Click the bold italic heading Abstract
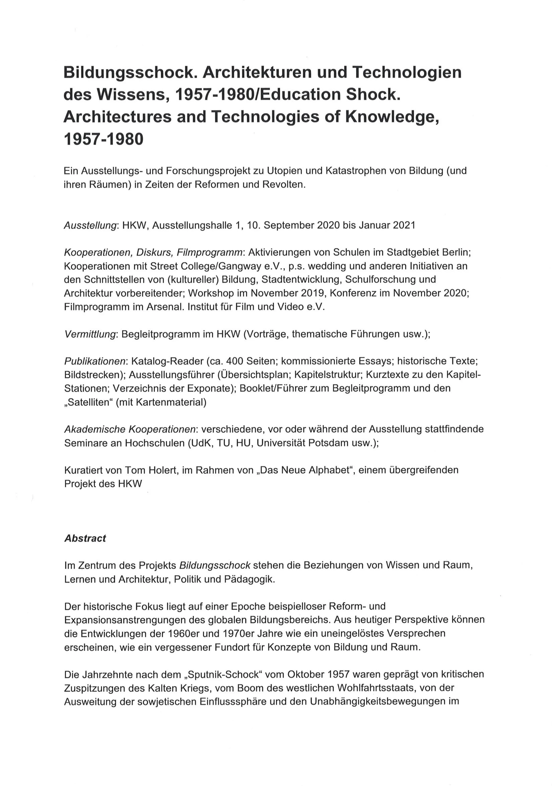[x=85, y=539]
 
